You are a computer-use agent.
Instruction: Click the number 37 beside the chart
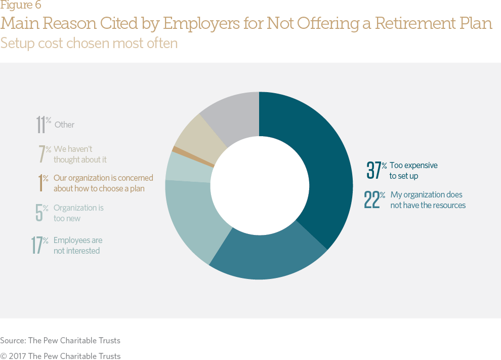373,170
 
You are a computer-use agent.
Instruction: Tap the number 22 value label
371,199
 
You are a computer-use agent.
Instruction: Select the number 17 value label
36,245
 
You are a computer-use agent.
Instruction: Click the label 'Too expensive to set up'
413,171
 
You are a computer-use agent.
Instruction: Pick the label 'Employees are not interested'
77,246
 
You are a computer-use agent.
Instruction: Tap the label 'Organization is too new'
78,213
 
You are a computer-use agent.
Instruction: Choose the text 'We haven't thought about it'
79,154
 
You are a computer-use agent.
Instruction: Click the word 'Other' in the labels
64,125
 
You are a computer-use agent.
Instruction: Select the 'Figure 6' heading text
21,6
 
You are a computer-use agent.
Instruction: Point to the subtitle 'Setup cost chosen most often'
89,43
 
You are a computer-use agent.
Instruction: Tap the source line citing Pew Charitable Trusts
60,340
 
